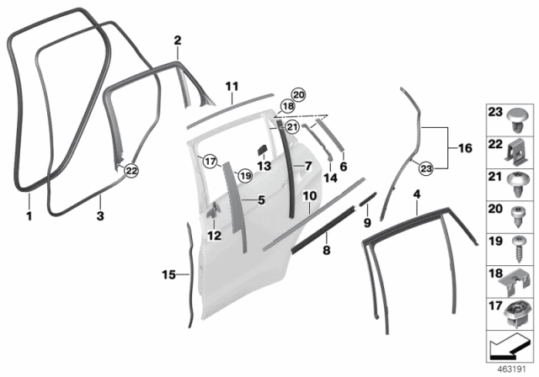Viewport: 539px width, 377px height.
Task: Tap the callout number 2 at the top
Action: point(178,40)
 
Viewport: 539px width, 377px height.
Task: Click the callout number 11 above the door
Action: point(232,86)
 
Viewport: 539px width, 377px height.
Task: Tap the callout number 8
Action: point(327,250)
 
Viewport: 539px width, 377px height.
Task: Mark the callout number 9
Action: point(366,222)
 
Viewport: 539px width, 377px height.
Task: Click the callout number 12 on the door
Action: point(214,236)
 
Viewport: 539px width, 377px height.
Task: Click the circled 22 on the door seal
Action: point(131,171)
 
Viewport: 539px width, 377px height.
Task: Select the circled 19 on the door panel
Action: point(244,175)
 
